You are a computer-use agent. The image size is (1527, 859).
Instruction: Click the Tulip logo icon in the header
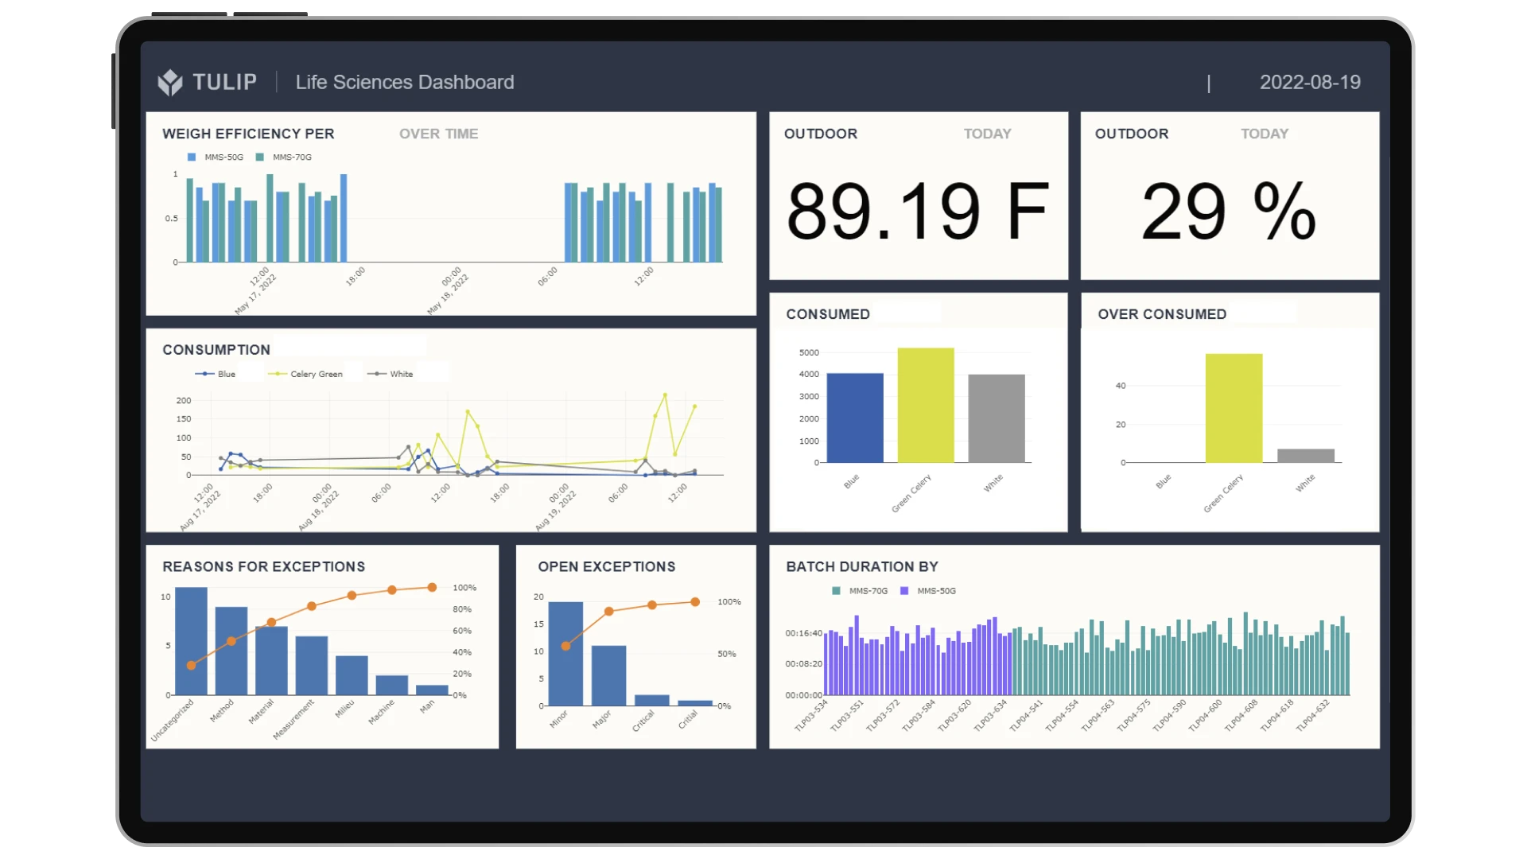tap(169, 82)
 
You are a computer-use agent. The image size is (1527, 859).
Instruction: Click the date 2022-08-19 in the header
tap(1310, 82)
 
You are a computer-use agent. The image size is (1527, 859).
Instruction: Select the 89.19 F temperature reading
tap(918, 211)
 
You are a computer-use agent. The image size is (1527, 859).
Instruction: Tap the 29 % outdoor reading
tap(1229, 211)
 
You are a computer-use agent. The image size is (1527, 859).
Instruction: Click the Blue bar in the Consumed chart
tap(855, 418)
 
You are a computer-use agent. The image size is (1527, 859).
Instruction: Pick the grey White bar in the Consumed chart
tap(997, 418)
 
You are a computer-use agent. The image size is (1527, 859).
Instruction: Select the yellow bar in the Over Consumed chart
tap(1234, 408)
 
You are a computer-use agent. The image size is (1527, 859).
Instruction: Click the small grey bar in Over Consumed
tap(1306, 456)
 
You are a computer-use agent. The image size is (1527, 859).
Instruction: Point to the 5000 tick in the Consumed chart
tap(809, 352)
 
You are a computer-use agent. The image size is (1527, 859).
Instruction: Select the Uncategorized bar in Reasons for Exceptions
tap(191, 641)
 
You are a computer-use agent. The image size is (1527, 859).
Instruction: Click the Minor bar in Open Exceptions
tap(565, 654)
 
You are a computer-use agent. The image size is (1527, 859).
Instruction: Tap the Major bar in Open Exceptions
tap(608, 675)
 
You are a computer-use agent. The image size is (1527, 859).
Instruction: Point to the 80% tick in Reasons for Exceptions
tap(462, 609)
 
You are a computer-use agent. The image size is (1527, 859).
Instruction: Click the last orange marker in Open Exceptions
tap(695, 602)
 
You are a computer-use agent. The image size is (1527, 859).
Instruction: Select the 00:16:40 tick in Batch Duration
tap(804, 633)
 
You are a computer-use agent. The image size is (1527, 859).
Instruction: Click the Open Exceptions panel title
tap(607, 566)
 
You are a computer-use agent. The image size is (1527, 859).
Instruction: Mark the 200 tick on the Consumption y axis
tap(184, 400)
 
